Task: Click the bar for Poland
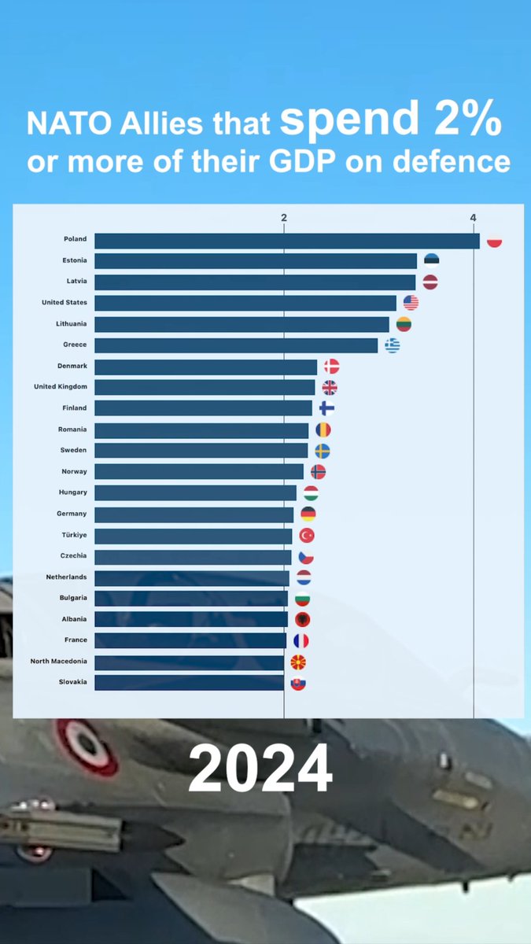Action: (287, 241)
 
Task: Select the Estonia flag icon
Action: (432, 261)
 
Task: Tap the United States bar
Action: (245, 303)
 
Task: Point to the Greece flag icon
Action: (393, 345)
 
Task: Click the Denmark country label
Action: (72, 366)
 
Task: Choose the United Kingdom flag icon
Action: (330, 388)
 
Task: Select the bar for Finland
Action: (203, 408)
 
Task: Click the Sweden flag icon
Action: (323, 452)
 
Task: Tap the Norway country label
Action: (74, 471)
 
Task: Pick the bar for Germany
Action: (194, 514)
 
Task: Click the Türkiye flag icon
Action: (307, 536)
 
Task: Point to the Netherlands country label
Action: (67, 577)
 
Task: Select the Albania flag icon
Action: (303, 620)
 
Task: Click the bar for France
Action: (190, 640)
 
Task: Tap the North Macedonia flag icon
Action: (298, 662)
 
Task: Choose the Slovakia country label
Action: (73, 682)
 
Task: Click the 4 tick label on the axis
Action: (474, 217)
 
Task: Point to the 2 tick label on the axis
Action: (284, 217)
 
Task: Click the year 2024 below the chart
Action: (260, 768)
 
